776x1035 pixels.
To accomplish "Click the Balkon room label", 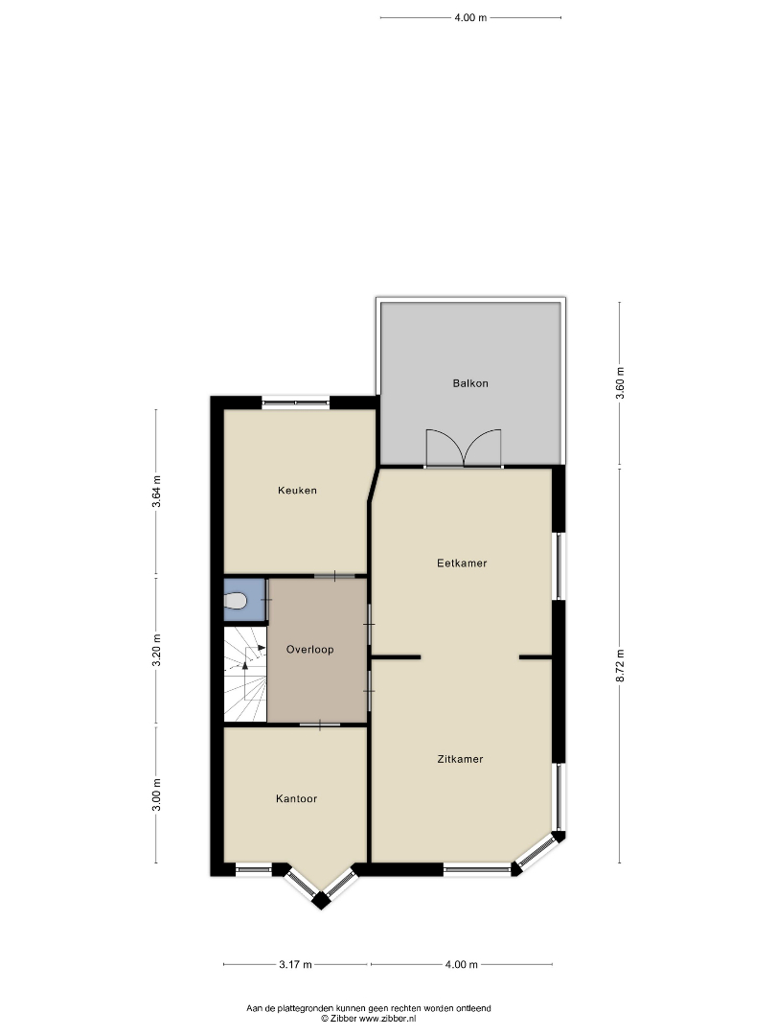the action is click(x=469, y=382).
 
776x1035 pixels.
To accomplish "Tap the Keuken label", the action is click(x=297, y=490).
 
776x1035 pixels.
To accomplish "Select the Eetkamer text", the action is click(x=462, y=563).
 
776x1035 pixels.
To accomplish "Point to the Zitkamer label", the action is click(x=460, y=759).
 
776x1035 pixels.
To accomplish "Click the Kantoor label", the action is click(x=296, y=798).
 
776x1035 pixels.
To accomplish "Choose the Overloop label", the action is click(x=309, y=650).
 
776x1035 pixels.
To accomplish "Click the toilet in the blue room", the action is click(x=235, y=601).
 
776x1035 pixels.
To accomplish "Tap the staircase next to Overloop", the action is click(x=245, y=674).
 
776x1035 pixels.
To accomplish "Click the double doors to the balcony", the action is click(x=464, y=448).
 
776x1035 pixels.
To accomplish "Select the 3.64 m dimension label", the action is click(x=156, y=491).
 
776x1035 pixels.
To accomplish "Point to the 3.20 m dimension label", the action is click(x=156, y=650).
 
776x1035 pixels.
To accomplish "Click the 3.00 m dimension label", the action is click(x=156, y=795).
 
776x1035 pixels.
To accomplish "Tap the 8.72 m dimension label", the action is click(x=619, y=666).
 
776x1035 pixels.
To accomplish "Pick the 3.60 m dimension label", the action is click(x=619, y=382).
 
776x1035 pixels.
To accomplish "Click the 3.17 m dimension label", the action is click(x=295, y=964).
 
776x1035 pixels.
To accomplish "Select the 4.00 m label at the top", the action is click(x=470, y=18).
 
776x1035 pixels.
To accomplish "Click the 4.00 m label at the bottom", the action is click(x=461, y=964).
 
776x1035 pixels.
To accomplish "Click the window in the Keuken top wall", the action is click(x=296, y=402).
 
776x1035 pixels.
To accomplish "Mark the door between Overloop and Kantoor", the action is click(x=320, y=724).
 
